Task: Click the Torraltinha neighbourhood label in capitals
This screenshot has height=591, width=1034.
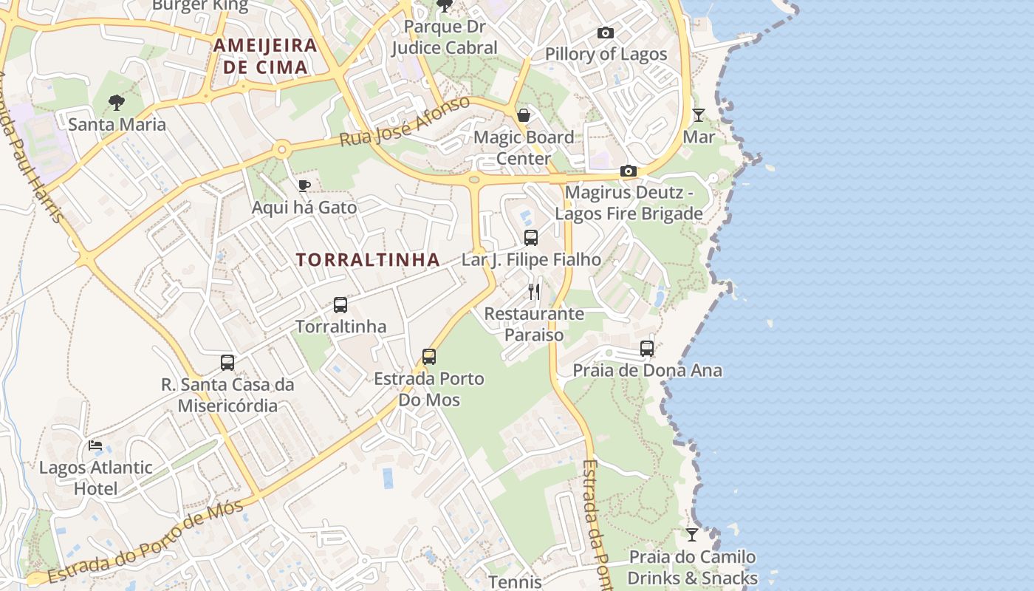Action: [368, 260]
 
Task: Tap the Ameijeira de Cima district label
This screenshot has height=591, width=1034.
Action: [265, 56]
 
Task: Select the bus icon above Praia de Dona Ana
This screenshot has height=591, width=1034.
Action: [647, 349]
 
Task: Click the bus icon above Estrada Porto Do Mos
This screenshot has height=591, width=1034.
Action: [429, 357]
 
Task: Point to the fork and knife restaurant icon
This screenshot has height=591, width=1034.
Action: [534, 292]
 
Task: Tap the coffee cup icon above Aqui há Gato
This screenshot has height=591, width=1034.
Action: [304, 185]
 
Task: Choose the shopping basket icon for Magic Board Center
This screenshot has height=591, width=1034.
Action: [524, 115]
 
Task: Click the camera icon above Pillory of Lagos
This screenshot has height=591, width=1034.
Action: [606, 33]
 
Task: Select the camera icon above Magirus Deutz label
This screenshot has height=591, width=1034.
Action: [629, 171]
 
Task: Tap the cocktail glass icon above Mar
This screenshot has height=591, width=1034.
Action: [698, 115]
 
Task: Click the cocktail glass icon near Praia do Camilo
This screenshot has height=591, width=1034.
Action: [692, 534]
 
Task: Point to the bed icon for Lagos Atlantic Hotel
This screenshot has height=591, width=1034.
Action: [95, 445]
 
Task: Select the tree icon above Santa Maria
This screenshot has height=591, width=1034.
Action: [116, 103]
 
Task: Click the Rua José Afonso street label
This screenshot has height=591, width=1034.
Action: [405, 121]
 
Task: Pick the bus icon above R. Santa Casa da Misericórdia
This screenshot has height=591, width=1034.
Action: [227, 363]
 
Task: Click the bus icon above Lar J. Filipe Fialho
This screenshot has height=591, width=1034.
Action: [531, 238]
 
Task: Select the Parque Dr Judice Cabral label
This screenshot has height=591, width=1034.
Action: [445, 37]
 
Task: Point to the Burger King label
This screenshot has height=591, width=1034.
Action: [199, 6]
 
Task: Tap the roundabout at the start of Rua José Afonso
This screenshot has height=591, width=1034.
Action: [281, 150]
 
